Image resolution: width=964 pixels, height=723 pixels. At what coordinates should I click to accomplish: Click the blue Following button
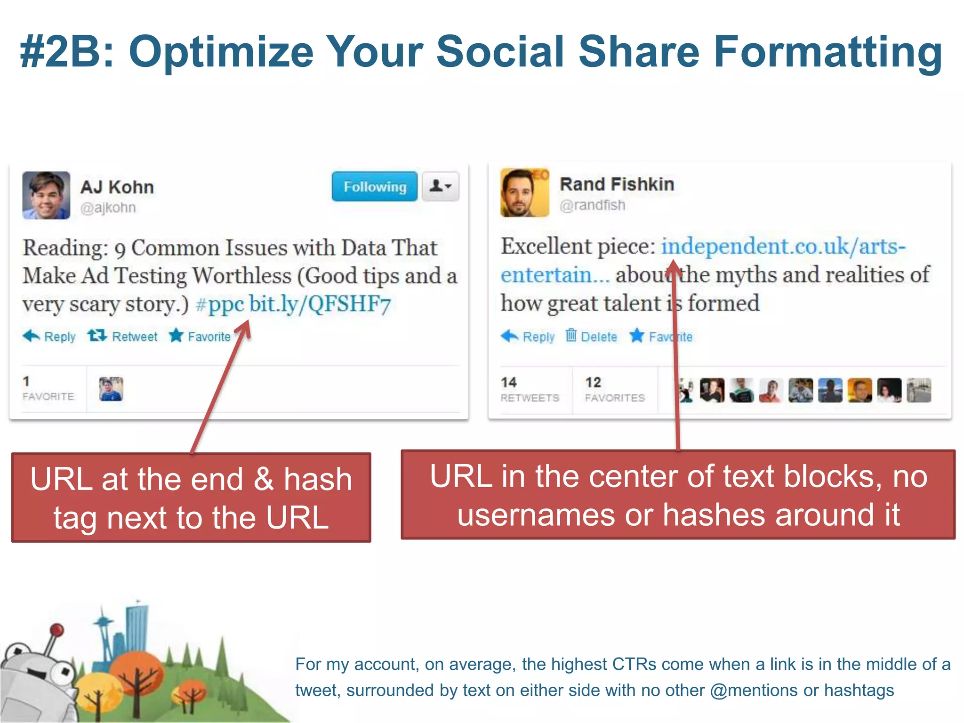(x=374, y=187)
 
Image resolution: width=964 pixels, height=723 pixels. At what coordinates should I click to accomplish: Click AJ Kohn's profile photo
(x=46, y=195)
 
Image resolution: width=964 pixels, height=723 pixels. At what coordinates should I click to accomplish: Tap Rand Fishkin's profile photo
(x=524, y=193)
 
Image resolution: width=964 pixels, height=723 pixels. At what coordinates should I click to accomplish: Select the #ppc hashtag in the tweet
(x=220, y=305)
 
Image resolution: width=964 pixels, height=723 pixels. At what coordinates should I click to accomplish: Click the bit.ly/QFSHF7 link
(x=320, y=305)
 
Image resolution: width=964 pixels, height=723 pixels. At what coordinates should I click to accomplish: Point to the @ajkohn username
(x=108, y=208)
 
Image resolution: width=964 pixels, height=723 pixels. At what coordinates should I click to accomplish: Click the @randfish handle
(x=593, y=205)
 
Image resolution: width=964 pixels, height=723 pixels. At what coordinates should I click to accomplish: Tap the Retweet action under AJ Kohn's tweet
(x=123, y=336)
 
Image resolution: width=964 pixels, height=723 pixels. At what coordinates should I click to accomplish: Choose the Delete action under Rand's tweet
(x=592, y=336)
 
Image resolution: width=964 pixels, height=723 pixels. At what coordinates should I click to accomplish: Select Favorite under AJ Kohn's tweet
(x=200, y=336)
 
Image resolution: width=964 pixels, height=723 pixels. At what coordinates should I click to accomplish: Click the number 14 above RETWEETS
(x=509, y=382)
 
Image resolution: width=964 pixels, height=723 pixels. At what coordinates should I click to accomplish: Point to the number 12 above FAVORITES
(x=594, y=382)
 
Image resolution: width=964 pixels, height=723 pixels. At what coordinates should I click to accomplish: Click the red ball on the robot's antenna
(x=57, y=629)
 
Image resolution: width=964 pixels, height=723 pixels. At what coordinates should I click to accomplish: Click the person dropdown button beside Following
(x=440, y=187)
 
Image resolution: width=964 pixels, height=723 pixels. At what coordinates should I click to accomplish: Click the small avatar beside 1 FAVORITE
(x=111, y=389)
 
